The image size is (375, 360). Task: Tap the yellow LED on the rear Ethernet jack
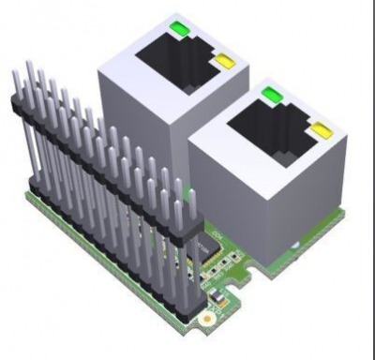(223, 62)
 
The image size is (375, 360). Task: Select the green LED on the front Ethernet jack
(272, 93)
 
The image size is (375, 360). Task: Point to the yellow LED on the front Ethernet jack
(322, 128)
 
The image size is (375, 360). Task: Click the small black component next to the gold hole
(216, 301)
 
